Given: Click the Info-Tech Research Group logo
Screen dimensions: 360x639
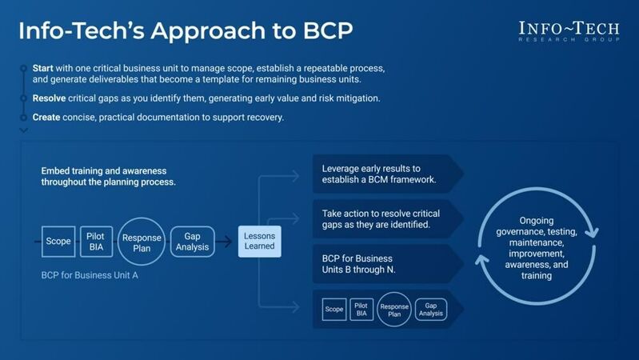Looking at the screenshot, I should click(569, 32).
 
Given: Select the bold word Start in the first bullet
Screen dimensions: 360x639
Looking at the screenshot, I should click(44, 68).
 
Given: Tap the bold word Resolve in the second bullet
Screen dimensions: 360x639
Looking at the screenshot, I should click(50, 98).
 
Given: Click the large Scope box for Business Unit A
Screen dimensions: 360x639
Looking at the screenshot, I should click(58, 241).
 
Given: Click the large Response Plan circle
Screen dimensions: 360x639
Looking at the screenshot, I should click(141, 242).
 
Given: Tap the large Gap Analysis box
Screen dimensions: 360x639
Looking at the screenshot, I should click(193, 241).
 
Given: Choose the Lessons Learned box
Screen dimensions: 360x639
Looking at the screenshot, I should click(259, 241).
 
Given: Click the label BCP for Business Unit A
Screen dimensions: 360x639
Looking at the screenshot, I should click(90, 274).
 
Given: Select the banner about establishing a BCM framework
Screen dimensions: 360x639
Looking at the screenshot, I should click(379, 174).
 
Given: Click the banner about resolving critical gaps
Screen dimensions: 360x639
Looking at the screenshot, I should click(379, 219).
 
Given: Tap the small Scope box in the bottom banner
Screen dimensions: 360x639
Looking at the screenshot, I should click(333, 309).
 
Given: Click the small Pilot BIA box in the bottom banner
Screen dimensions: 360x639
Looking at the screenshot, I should click(361, 309).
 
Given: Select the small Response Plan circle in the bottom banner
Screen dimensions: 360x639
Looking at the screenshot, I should click(394, 309).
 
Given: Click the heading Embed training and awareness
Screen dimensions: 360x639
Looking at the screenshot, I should click(108, 176).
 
